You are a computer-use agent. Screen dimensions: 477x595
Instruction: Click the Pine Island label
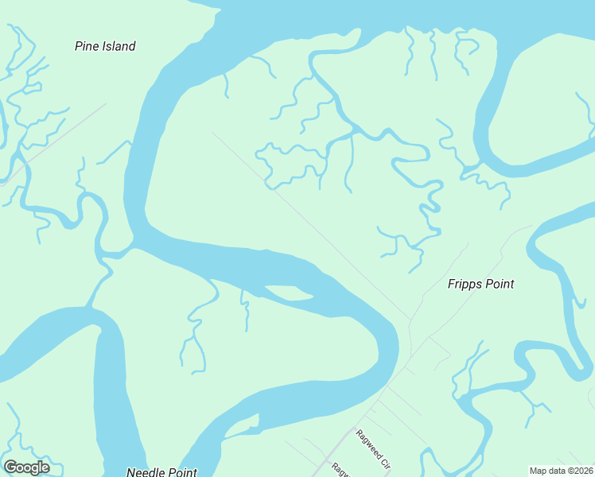tap(105, 46)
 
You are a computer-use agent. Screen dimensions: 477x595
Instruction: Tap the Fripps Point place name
tap(480, 284)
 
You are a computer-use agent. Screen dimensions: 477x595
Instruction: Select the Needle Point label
tap(161, 472)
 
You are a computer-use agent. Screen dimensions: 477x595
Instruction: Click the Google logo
tap(26, 467)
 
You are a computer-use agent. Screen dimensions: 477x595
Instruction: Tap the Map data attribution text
tap(561, 471)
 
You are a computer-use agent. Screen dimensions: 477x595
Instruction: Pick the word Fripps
tap(464, 284)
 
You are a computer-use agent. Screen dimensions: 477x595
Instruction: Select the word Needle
tap(146, 472)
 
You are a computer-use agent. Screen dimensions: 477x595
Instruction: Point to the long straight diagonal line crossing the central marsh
tap(318, 231)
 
